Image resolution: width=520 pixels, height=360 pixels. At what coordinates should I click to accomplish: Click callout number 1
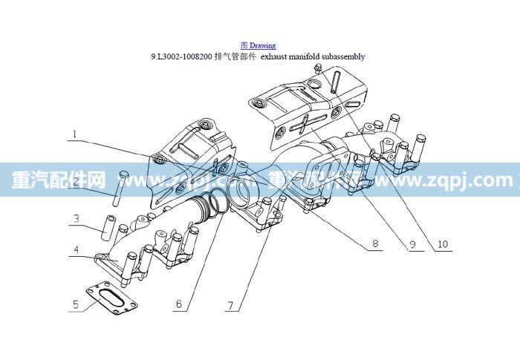(75, 134)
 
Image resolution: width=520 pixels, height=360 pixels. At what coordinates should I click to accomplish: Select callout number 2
(76, 182)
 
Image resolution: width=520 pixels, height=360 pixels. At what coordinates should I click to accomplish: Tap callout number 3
(77, 218)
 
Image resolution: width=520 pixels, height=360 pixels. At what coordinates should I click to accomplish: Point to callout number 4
(77, 249)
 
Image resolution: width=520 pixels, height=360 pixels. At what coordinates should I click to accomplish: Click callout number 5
(76, 304)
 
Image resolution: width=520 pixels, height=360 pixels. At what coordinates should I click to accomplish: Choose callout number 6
(179, 304)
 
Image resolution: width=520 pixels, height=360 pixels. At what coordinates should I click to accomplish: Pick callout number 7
(231, 304)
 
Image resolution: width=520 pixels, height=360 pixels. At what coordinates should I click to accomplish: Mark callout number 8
(375, 243)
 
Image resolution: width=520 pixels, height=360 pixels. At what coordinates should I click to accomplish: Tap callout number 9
(412, 245)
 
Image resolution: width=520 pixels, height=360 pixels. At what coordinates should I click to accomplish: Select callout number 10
(443, 244)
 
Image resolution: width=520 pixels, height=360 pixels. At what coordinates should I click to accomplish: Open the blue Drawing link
(259, 45)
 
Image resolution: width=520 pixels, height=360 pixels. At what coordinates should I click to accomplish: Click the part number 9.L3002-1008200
(182, 56)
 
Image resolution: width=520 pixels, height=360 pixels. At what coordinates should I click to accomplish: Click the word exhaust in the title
(274, 56)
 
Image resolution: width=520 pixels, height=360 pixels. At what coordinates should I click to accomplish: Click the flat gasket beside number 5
(111, 298)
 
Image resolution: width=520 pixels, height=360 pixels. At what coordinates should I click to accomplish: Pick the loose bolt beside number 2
(120, 189)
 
